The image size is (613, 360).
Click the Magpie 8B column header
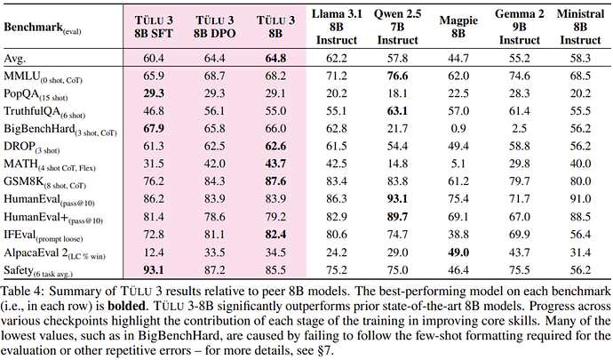click(x=458, y=27)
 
